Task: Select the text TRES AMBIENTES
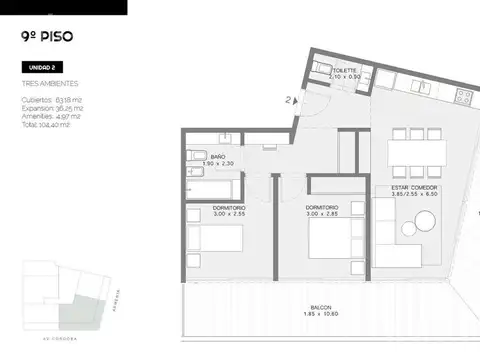pyautogui.click(x=49, y=84)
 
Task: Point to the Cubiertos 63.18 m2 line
pyautogui.click(x=51, y=99)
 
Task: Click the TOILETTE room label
pyautogui.click(x=345, y=73)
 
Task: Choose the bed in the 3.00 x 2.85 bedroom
pyautogui.click(x=330, y=240)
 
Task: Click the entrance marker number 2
pyautogui.click(x=286, y=100)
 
